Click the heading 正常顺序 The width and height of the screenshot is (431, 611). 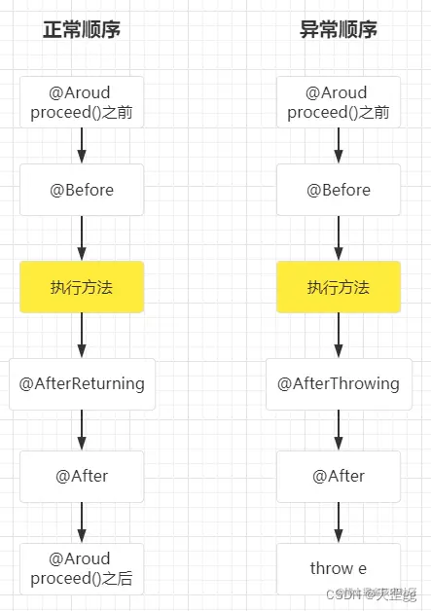[82, 30]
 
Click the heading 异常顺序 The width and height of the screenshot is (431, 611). [339, 30]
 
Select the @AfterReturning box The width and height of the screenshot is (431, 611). [82, 383]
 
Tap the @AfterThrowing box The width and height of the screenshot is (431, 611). [339, 383]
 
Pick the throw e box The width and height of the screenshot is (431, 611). [339, 568]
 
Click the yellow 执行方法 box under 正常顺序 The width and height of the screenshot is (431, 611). [82, 287]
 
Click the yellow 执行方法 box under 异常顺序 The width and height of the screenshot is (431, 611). [339, 287]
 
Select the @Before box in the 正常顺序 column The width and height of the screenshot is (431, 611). [82, 190]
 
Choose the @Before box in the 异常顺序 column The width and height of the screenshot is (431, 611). [339, 190]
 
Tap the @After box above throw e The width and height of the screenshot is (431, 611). [339, 476]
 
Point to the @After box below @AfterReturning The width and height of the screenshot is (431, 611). [82, 476]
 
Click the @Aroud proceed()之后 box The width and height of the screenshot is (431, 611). [82, 568]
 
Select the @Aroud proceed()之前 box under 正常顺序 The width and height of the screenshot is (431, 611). [82, 102]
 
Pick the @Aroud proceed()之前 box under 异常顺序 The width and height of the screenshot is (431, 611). [339, 102]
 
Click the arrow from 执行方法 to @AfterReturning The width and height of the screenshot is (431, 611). [82, 336]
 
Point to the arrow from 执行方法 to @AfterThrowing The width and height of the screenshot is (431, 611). [339, 336]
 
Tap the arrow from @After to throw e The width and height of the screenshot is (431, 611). [339, 522]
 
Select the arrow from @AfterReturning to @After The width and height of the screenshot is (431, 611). [82, 429]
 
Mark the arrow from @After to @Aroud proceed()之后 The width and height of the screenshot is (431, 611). [82, 522]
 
